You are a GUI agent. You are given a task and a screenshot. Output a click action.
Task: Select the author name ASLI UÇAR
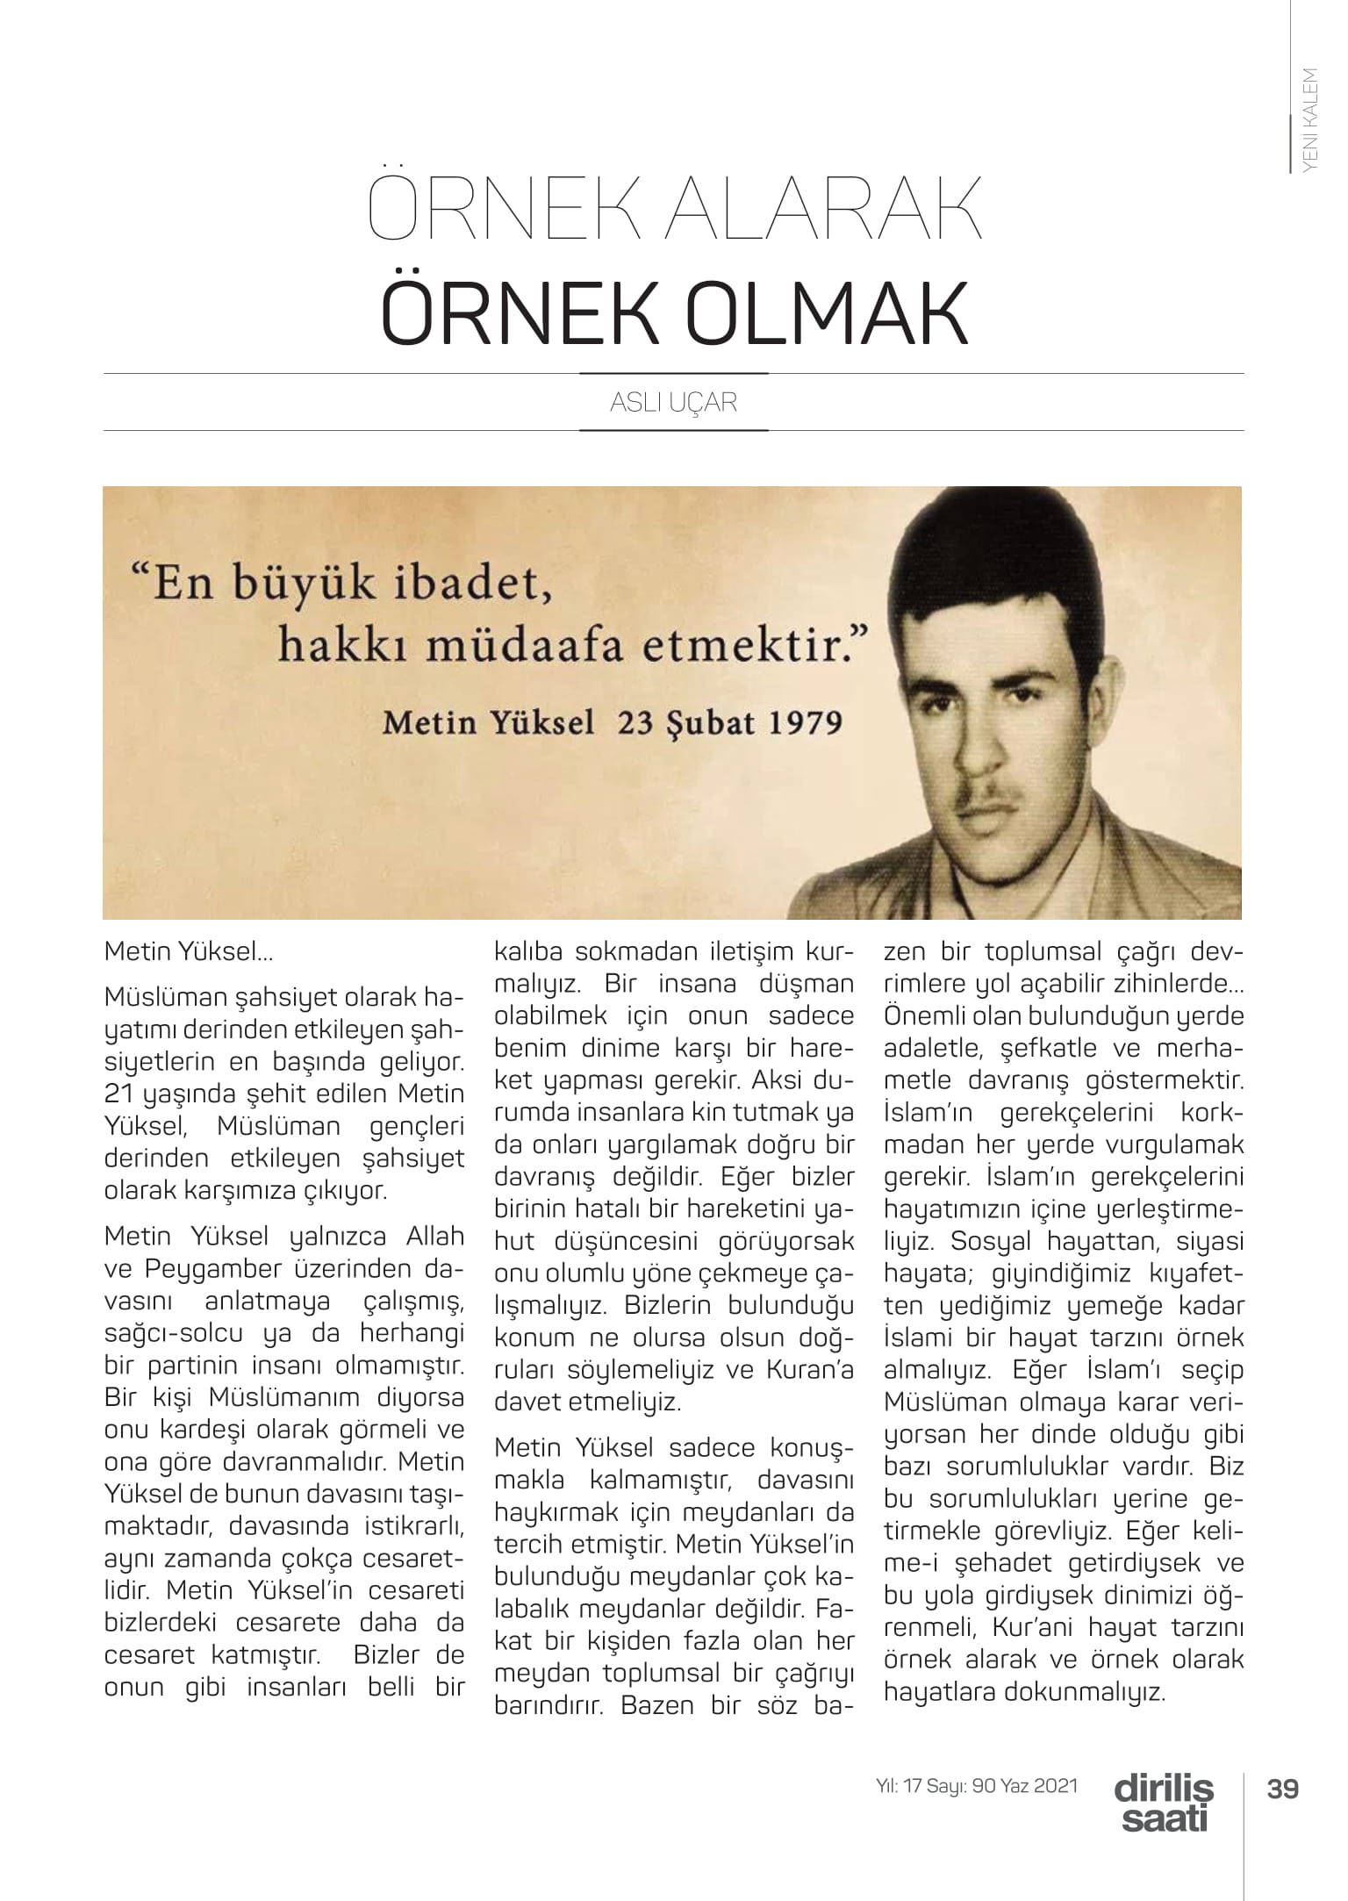tap(673, 403)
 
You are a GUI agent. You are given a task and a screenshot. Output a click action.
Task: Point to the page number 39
tap(1282, 1788)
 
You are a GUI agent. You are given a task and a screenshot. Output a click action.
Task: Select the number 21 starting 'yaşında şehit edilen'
tap(118, 1094)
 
